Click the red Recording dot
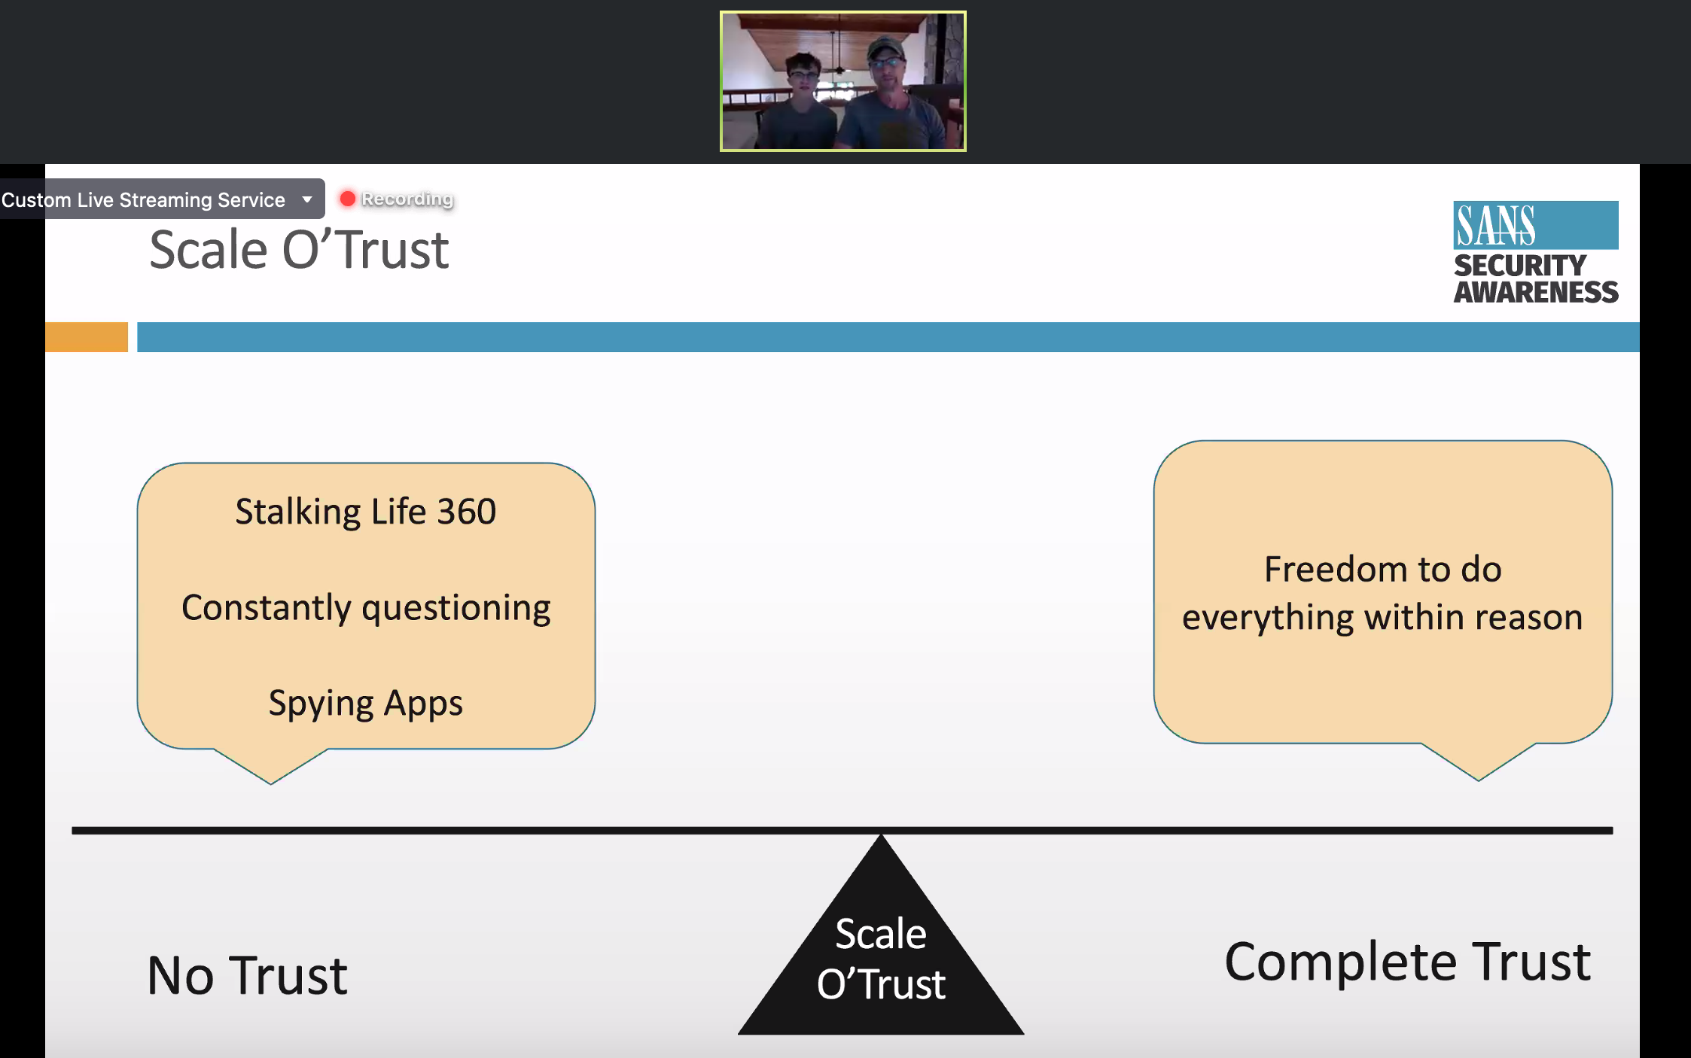click(347, 199)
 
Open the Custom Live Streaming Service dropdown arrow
click(307, 199)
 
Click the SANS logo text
click(1495, 226)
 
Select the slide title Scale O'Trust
click(299, 250)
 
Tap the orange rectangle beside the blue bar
click(87, 337)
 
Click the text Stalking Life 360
click(366, 512)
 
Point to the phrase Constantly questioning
click(366, 608)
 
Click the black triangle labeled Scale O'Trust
click(881, 956)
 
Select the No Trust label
click(247, 976)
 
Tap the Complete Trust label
click(1408, 962)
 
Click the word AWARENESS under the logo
click(1536, 292)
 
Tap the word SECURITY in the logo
click(1519, 266)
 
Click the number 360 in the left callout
click(467, 512)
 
